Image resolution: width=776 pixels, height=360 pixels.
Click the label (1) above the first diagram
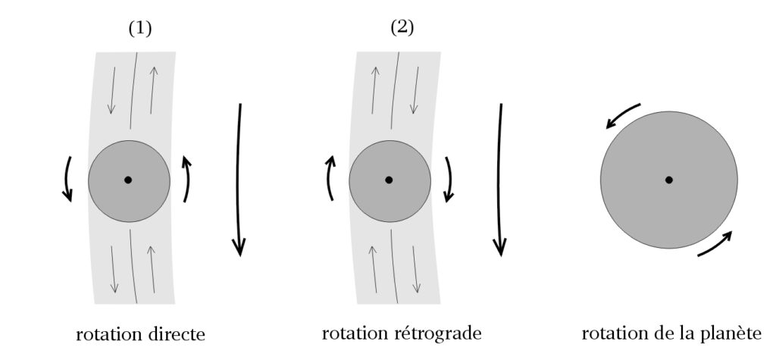tap(140, 29)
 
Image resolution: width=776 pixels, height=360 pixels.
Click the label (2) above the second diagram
tap(402, 29)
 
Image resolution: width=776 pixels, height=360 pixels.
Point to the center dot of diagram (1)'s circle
tap(128, 180)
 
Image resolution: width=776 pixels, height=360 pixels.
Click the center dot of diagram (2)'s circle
tap(389, 180)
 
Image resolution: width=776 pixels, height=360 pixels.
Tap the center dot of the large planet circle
tap(668, 180)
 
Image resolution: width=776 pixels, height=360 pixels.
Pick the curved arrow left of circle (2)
tap(329, 177)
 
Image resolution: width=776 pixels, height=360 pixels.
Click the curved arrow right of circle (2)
tap(449, 179)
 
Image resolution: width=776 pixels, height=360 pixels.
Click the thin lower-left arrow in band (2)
tap(373, 269)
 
